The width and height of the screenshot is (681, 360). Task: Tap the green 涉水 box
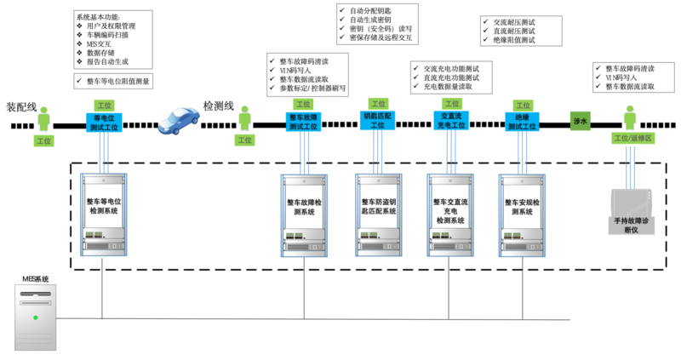click(580, 122)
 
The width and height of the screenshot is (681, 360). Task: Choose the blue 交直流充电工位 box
click(450, 120)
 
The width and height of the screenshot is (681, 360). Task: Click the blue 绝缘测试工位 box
click(523, 121)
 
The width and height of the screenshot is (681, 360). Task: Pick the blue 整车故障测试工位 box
click(304, 123)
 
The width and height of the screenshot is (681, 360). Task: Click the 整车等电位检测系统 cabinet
click(103, 213)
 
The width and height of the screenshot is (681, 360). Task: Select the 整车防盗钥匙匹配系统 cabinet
click(378, 213)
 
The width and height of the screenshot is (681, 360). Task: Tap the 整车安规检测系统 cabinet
click(523, 213)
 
